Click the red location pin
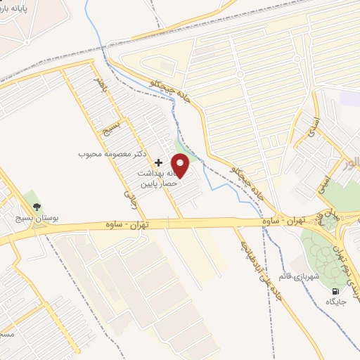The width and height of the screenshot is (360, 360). [181, 165]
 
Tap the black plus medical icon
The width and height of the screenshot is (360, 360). [157, 162]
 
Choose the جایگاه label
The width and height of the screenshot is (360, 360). [335, 302]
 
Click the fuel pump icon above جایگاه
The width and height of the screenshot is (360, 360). [335, 291]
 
